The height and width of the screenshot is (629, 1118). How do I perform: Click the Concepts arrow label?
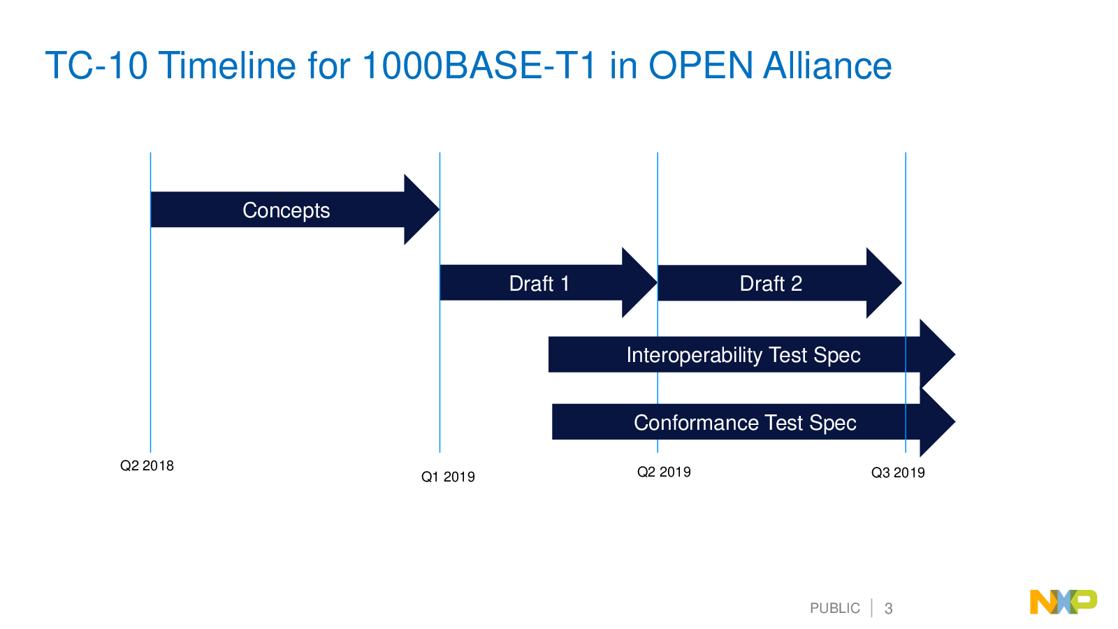click(x=286, y=210)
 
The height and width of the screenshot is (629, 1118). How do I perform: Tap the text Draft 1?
click(x=539, y=284)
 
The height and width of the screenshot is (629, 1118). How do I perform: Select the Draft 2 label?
click(x=771, y=284)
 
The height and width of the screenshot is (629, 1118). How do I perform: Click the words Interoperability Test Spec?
click(x=743, y=356)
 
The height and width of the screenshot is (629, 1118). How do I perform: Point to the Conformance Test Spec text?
click(x=745, y=423)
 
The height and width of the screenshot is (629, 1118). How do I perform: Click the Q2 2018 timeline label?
click(x=147, y=465)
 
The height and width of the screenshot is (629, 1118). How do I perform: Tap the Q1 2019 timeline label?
click(x=448, y=477)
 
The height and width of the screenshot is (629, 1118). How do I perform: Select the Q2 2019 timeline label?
click(x=664, y=472)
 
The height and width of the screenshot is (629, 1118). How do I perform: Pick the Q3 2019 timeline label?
click(x=898, y=472)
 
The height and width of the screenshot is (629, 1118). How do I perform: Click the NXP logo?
click(x=1063, y=602)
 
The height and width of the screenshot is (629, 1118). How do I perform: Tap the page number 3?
click(x=888, y=609)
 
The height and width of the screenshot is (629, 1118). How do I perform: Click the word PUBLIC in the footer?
click(x=834, y=609)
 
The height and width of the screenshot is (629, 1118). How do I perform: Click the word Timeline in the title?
click(x=227, y=66)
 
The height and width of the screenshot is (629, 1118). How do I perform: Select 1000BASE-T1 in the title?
click(x=479, y=66)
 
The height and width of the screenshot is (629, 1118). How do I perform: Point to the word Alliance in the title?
click(x=827, y=66)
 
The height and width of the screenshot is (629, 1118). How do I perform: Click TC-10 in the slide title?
click(x=96, y=66)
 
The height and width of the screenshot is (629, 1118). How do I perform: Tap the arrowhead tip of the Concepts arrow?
click(x=440, y=209)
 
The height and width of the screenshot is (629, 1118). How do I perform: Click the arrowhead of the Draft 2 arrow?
click(x=884, y=283)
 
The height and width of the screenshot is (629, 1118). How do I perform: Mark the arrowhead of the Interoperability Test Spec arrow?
click(x=937, y=354)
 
